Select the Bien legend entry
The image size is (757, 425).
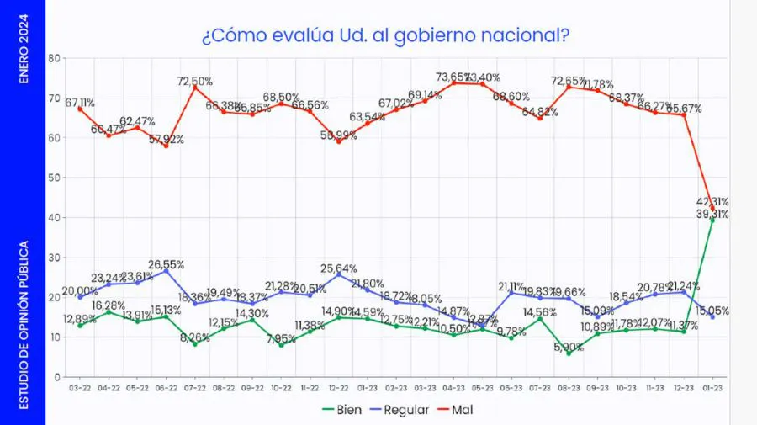coord(344,410)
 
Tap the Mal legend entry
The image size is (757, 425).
coord(472,410)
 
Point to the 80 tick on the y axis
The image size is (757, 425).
coord(54,58)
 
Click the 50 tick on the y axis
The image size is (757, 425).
coord(54,178)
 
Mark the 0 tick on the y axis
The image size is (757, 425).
coord(56,377)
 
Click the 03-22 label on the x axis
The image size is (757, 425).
coord(80,388)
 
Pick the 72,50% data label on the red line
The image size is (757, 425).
coord(194,81)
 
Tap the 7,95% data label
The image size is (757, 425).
coord(281,338)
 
